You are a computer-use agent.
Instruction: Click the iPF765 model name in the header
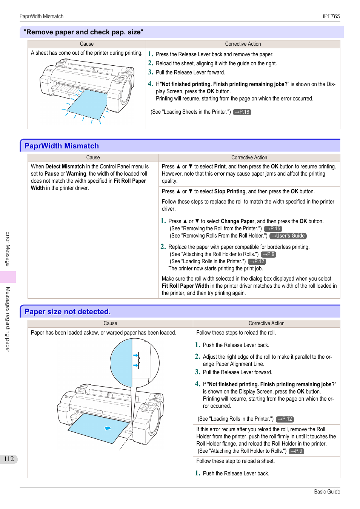[x=331, y=16]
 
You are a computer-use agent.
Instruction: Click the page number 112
[x=9, y=459]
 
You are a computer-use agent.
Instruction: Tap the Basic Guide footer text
[x=327, y=492]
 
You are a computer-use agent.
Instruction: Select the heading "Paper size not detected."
[x=68, y=312]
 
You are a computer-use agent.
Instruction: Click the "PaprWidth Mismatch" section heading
[x=62, y=146]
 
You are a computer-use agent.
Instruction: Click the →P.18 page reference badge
[x=242, y=112]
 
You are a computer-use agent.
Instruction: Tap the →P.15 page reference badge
[x=273, y=228]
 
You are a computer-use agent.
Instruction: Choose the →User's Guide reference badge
[x=288, y=236]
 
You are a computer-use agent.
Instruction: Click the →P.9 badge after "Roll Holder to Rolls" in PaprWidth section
[x=269, y=254]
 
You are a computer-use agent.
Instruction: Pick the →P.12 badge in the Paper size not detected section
[x=285, y=419]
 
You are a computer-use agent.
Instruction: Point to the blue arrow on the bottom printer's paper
[x=108, y=428]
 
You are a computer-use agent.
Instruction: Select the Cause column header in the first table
[x=87, y=44]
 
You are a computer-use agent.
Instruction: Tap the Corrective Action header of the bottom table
[x=266, y=323]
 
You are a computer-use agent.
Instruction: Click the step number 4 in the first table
[x=150, y=84]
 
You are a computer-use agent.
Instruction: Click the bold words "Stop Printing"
[x=230, y=191]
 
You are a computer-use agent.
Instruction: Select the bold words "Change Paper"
[x=237, y=221]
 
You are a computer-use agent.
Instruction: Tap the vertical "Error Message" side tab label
[x=8, y=249]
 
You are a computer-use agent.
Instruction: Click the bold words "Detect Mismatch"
[x=65, y=167]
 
